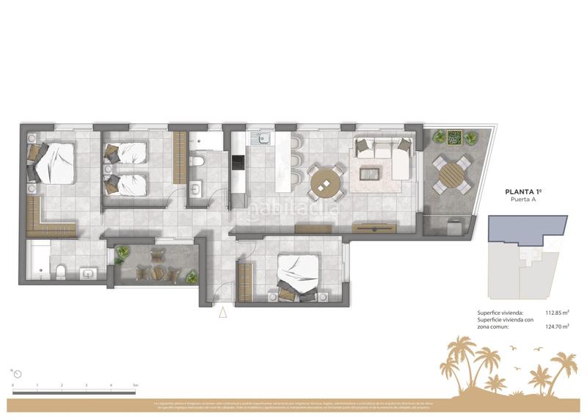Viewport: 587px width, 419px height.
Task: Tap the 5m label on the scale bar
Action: pyautogui.click(x=136, y=385)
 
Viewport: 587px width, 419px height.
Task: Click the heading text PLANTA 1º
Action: pyautogui.click(x=524, y=191)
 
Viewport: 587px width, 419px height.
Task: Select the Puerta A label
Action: pyautogui.click(x=523, y=200)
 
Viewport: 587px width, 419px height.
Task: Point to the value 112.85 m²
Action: pyautogui.click(x=556, y=312)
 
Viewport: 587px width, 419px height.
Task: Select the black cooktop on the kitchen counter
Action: pyautogui.click(x=238, y=160)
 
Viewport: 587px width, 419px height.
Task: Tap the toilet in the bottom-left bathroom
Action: pyautogui.click(x=61, y=272)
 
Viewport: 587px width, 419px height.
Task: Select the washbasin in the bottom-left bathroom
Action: pyautogui.click(x=88, y=273)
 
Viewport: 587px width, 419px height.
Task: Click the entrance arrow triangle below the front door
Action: pyautogui.click(x=223, y=313)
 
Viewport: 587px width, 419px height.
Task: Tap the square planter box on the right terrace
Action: pyautogui.click(x=455, y=137)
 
